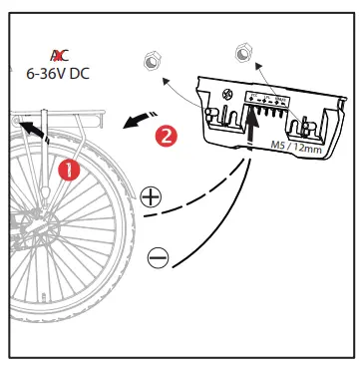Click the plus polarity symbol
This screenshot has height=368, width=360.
[151, 195]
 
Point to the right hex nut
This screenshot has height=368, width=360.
[240, 52]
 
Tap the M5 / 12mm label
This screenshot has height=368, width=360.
[295, 147]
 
